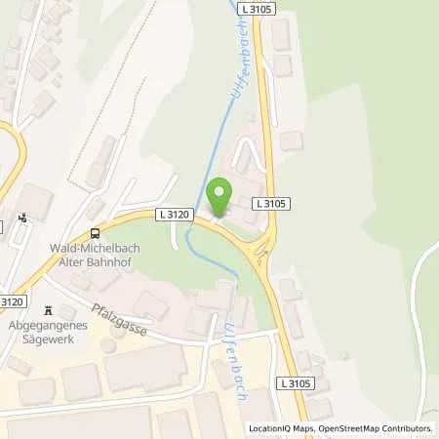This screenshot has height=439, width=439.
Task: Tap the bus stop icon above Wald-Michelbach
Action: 95,233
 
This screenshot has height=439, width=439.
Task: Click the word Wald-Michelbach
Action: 95,248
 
